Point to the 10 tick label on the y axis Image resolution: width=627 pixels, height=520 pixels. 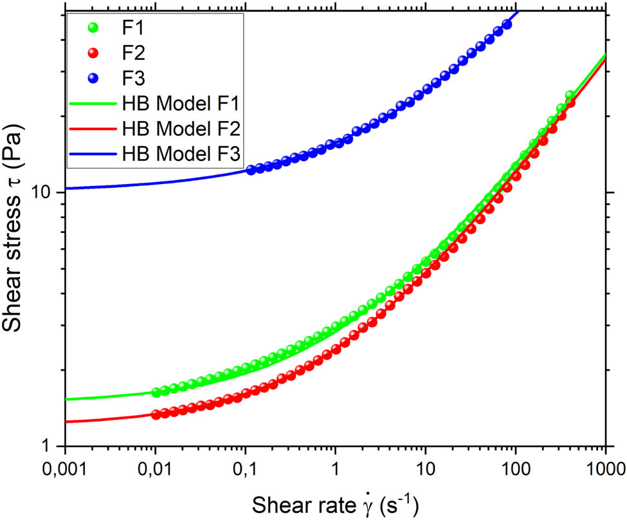click(46, 192)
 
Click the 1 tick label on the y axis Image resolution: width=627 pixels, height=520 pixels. click(53, 446)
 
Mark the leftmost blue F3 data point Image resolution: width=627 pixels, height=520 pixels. click(251, 170)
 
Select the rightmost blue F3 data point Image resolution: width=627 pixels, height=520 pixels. click(507, 25)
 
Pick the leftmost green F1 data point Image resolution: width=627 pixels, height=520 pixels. click(156, 392)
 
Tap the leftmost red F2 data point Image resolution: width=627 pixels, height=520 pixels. click(156, 414)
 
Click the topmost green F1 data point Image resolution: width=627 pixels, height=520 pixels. click(569, 95)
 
